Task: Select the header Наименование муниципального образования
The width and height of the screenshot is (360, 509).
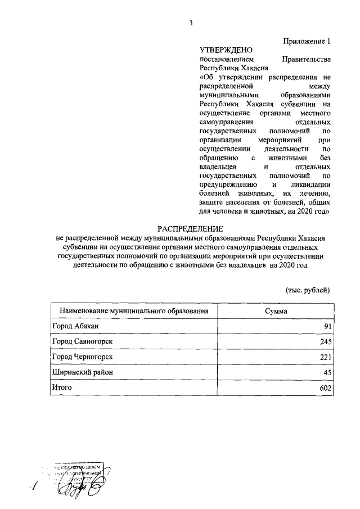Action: (134, 310)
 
